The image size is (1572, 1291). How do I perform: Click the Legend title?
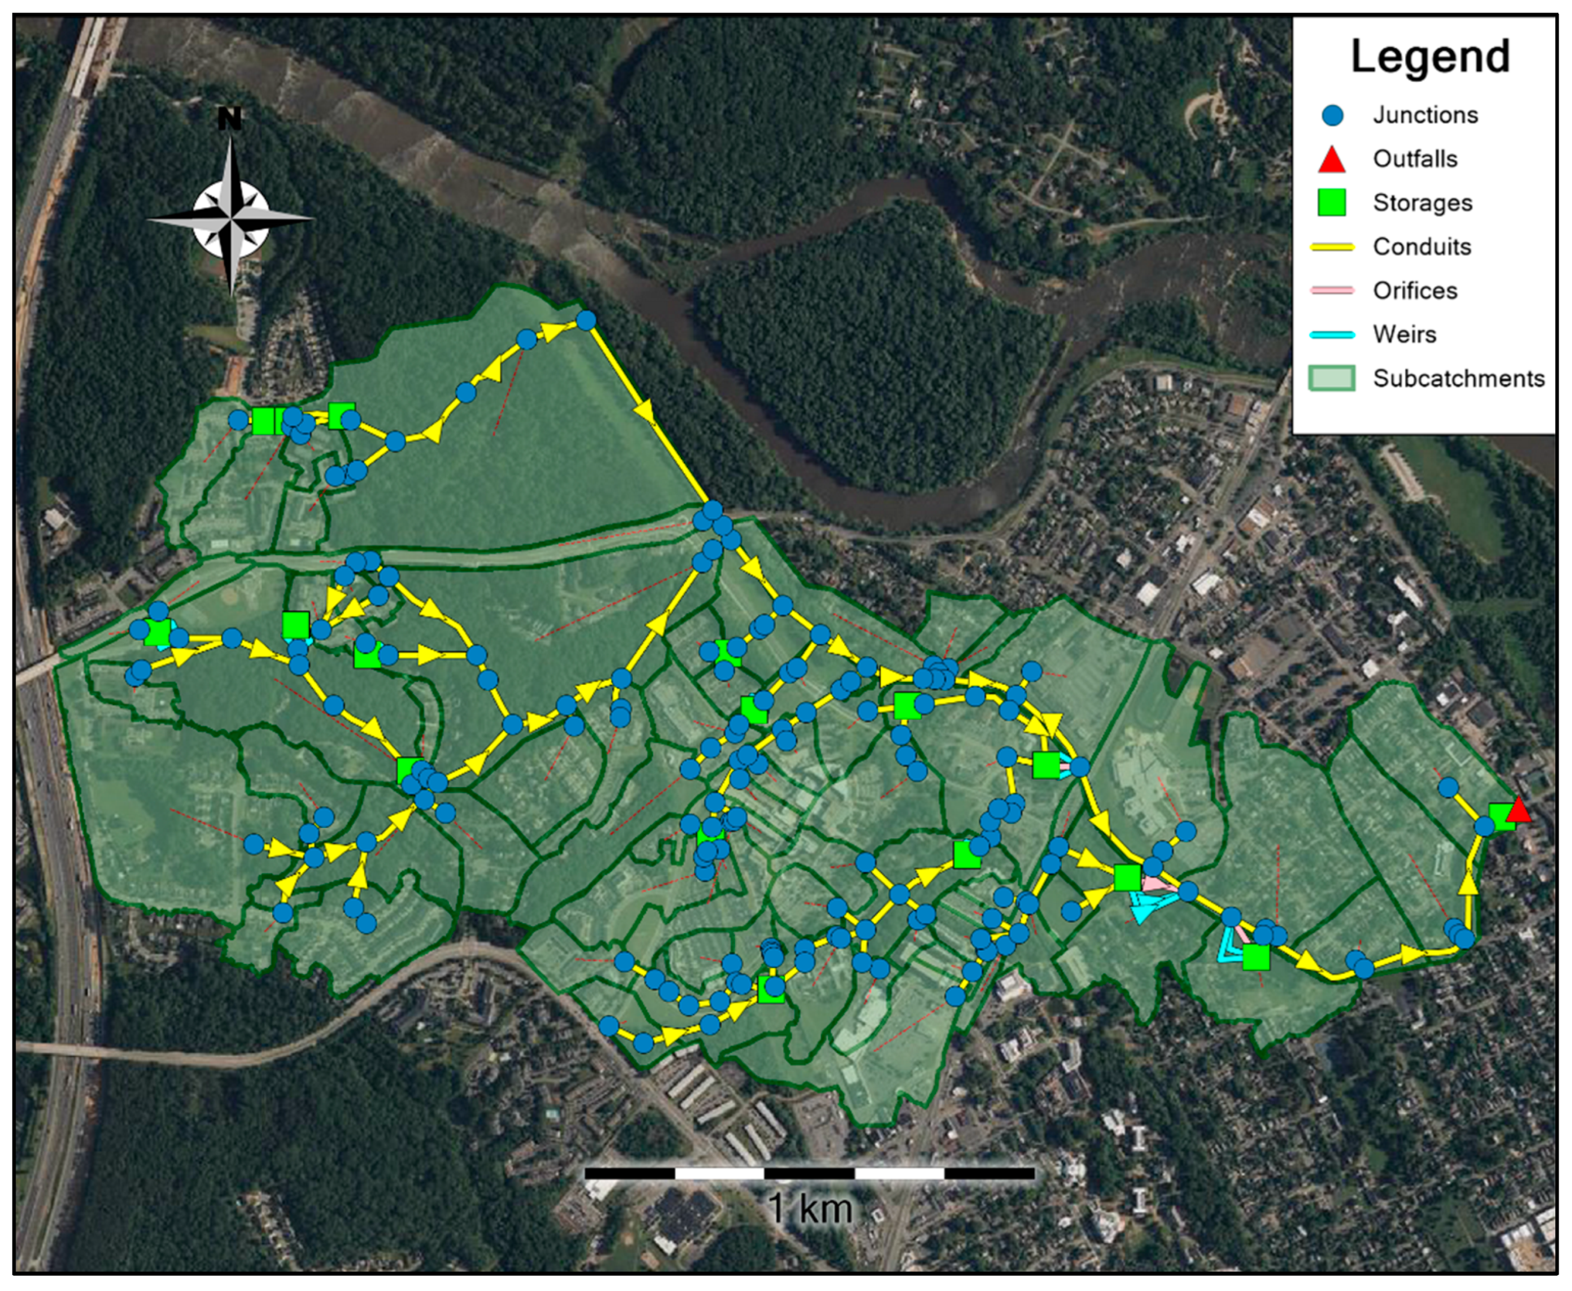point(1430,57)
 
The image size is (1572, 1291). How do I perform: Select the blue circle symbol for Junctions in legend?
point(1333,115)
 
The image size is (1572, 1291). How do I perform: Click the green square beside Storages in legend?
point(1332,202)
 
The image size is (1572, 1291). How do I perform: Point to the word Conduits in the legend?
point(1421,247)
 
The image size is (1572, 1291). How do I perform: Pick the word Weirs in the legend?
point(1404,335)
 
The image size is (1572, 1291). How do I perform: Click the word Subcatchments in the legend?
point(1458,379)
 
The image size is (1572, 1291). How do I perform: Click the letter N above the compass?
point(230,119)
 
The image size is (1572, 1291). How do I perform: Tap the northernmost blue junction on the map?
point(586,320)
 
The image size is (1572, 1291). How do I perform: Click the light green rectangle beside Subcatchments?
point(1332,379)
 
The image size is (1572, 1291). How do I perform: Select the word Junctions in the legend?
point(1425,115)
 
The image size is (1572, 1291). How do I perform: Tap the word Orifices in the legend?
point(1415,291)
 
